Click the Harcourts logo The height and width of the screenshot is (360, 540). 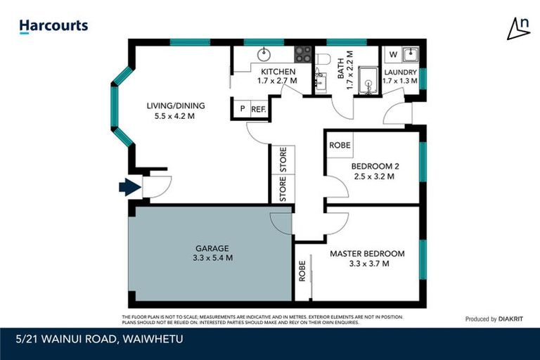53,26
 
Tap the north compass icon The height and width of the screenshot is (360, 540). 518,27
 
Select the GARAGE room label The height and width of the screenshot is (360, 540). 212,248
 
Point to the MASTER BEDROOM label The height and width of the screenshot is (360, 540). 367,253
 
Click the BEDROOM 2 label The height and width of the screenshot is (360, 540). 375,166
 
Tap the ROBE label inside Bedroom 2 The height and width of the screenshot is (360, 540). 340,145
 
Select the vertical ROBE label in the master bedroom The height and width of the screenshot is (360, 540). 302,271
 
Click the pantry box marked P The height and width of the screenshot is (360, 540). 243,109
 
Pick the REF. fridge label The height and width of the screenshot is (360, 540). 257,109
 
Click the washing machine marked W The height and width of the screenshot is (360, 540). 392,54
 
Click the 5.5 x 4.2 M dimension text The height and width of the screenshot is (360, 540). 170,116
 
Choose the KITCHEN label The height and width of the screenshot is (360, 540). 278,72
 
